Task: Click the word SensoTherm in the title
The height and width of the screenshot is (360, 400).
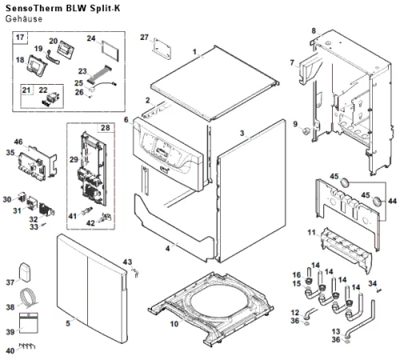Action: click(34, 8)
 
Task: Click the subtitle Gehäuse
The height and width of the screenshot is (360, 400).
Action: click(24, 19)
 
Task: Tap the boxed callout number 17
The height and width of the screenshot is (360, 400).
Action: click(20, 37)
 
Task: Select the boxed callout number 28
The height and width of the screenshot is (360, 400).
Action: click(106, 128)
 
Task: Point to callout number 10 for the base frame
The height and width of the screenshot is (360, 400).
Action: click(174, 324)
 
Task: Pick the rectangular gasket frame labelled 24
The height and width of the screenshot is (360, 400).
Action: click(110, 51)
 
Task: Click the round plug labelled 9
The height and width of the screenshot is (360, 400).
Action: click(306, 130)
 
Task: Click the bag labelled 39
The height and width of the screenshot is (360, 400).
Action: click(29, 322)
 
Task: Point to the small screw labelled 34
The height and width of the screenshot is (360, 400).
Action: click(378, 290)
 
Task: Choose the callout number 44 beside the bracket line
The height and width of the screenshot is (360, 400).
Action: click(392, 201)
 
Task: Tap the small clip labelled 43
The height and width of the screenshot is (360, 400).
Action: click(136, 273)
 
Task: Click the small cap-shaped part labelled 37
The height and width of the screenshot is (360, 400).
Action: click(25, 272)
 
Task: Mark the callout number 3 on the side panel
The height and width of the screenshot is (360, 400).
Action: click(242, 133)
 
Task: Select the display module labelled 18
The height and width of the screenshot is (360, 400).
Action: click(37, 66)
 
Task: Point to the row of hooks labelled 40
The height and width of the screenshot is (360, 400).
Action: click(27, 346)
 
